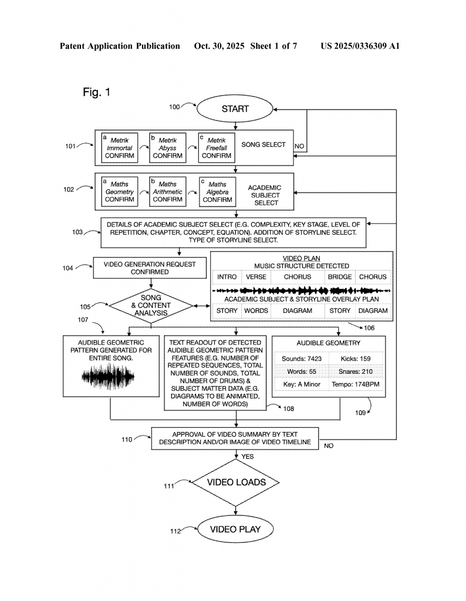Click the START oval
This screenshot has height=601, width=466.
click(235, 109)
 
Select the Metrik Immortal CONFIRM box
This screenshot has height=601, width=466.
click(120, 147)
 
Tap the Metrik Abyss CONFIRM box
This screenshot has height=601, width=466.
click(167, 147)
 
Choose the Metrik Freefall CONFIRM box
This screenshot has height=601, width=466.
click(216, 147)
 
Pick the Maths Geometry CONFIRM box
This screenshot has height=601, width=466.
click(120, 192)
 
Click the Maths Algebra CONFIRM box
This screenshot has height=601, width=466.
click(217, 192)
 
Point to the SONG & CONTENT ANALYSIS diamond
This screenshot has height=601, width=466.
click(151, 305)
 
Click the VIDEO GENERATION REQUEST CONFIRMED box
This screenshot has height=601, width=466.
click(150, 268)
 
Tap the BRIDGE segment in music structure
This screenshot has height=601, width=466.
click(340, 277)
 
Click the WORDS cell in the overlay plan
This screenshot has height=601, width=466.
click(256, 310)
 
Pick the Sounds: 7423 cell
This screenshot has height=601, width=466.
click(301, 357)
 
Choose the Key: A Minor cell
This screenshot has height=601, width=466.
click(301, 386)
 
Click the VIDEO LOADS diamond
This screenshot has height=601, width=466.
click(236, 482)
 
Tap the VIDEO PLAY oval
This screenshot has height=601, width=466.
click(235, 529)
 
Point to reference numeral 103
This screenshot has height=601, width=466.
click(77, 232)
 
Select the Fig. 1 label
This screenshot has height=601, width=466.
click(96, 92)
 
